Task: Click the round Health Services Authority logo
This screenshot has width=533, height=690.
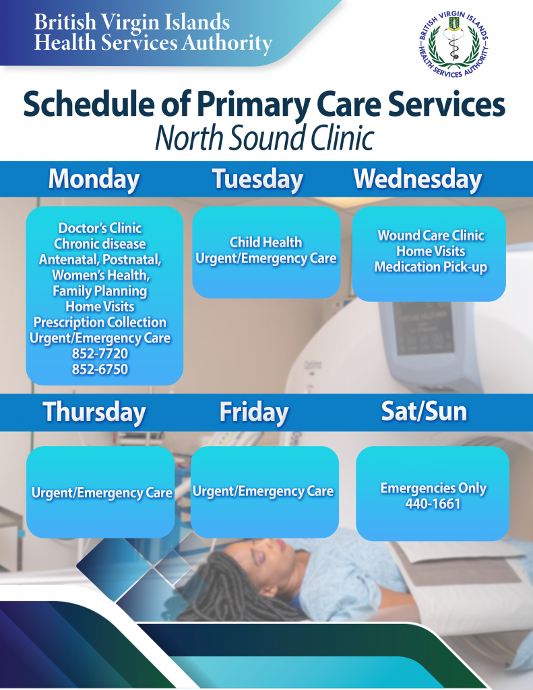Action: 453,44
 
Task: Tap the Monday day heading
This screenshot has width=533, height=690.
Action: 94,179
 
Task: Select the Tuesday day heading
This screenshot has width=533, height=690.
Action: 258,179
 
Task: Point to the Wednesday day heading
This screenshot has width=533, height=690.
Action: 418,179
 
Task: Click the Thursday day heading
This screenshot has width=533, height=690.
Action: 94,412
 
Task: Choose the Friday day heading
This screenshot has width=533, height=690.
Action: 254,412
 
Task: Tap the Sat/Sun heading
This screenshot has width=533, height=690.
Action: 424,411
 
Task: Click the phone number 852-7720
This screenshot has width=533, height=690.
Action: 100,353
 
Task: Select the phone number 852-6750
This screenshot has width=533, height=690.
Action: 100,369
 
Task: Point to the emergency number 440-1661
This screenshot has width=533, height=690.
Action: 433,503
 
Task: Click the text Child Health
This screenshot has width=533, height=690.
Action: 266,242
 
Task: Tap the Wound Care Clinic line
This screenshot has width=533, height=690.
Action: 431,235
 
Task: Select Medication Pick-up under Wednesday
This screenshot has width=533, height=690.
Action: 431,267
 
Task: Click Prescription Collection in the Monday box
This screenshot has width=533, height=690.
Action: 100,322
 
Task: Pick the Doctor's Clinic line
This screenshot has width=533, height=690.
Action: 100,228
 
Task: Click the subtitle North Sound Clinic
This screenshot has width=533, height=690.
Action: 265,137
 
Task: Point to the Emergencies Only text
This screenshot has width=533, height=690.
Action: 433,488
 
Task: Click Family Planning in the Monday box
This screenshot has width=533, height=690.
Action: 100,291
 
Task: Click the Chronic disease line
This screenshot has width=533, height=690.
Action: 100,244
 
